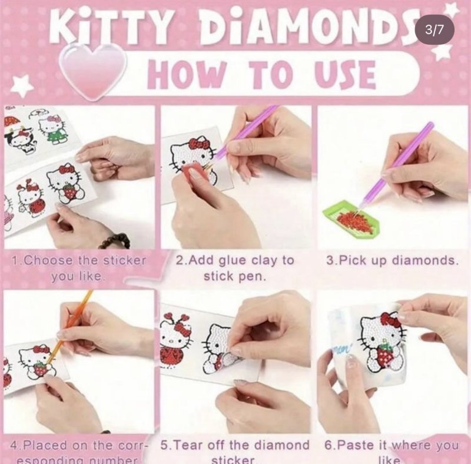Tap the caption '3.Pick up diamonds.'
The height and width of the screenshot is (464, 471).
pos(392,260)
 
